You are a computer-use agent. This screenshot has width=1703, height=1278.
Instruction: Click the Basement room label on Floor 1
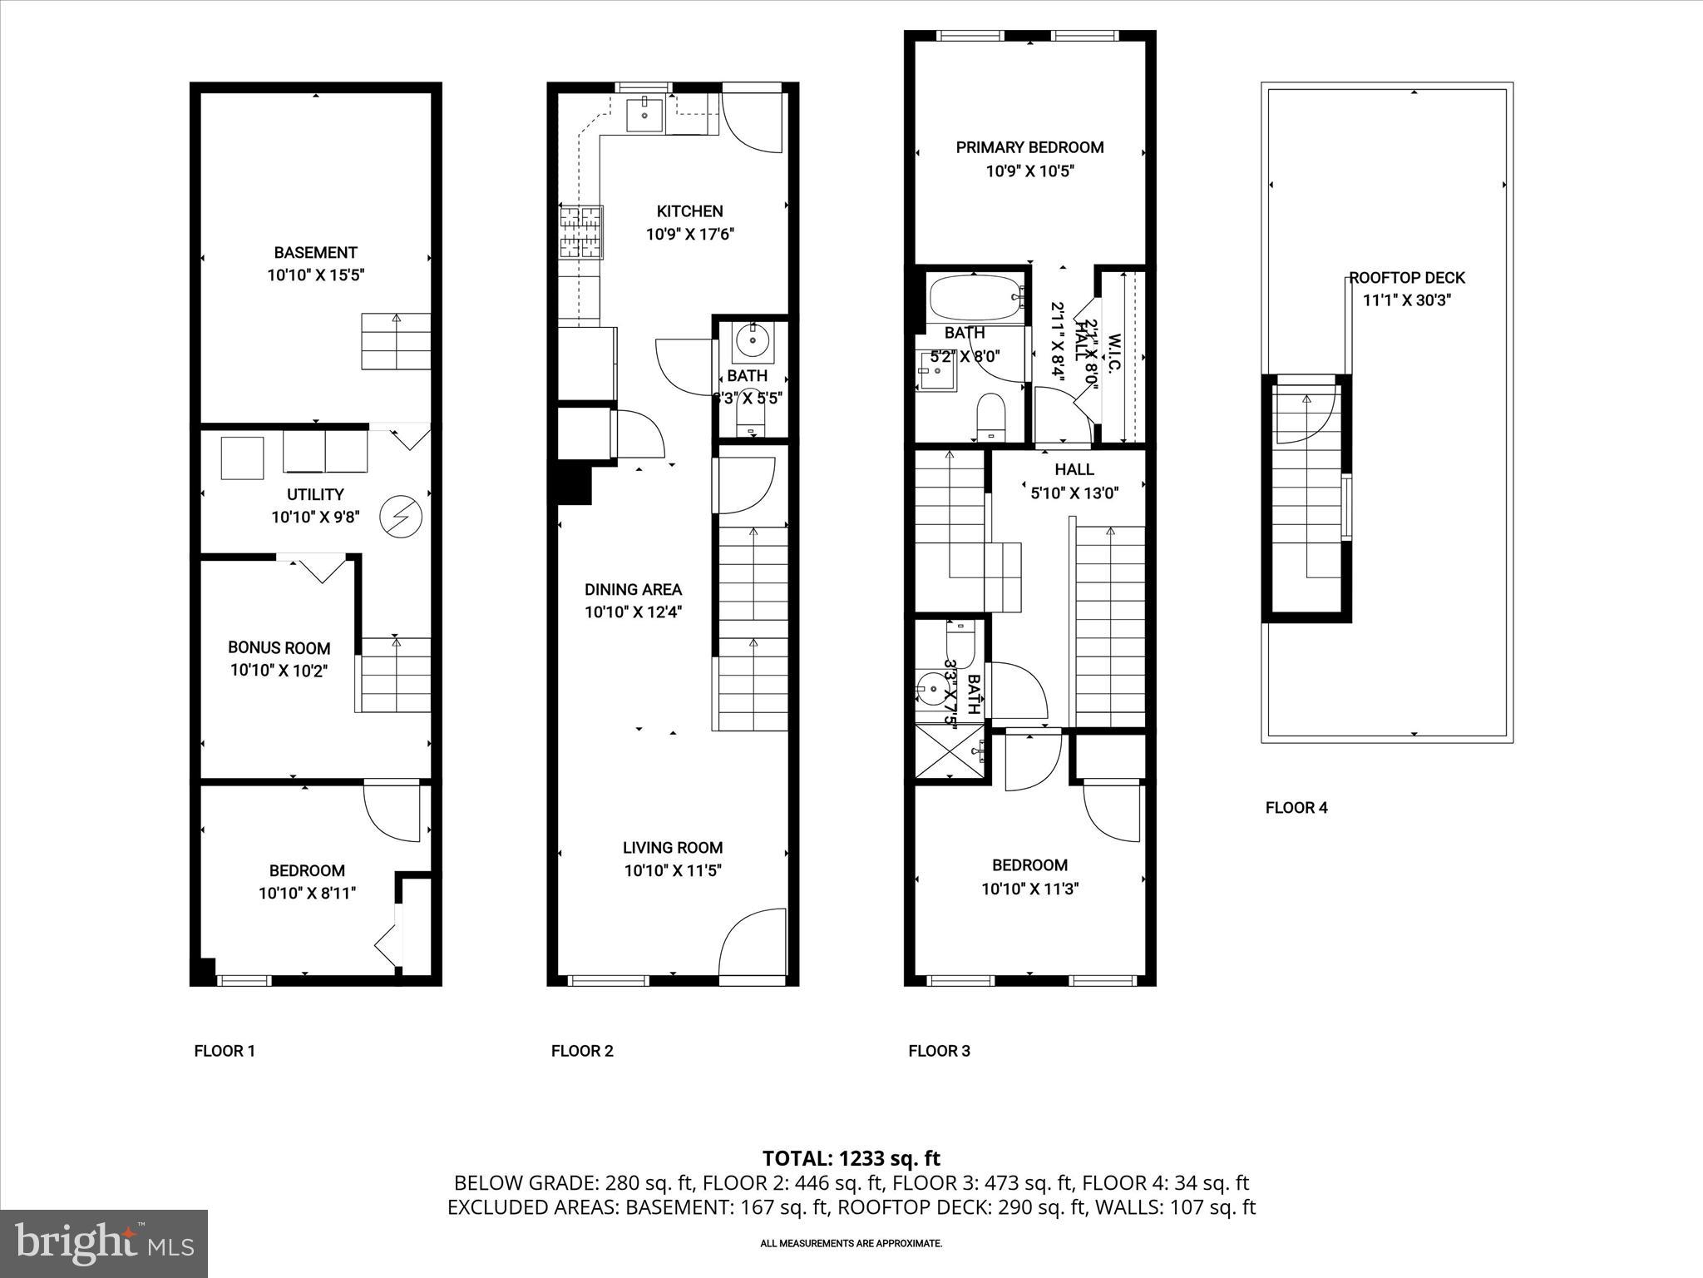(x=315, y=252)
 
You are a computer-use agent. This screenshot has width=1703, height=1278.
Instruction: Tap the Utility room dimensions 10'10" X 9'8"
(x=315, y=517)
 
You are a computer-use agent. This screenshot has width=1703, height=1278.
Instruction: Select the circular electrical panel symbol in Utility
(x=401, y=517)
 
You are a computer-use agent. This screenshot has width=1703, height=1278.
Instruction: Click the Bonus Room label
(x=279, y=647)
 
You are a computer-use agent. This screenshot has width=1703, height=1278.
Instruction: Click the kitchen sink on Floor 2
(x=644, y=114)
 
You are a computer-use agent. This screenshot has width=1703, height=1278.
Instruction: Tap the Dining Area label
(x=633, y=589)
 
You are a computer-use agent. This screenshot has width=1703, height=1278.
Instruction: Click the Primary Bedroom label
(x=1029, y=147)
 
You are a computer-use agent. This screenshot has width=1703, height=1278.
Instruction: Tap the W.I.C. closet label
(x=1115, y=354)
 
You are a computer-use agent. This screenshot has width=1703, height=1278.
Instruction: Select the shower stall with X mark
(x=948, y=751)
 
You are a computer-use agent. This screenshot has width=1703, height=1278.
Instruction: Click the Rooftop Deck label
(x=1407, y=278)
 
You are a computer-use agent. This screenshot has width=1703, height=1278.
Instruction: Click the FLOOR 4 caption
(x=1296, y=807)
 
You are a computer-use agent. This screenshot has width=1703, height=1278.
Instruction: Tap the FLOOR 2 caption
(x=582, y=1051)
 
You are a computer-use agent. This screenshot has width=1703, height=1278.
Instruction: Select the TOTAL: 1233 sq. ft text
(x=851, y=1158)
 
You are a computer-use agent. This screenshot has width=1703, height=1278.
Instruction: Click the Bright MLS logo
(x=104, y=1242)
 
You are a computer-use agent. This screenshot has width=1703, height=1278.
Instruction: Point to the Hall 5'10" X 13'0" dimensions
(x=1074, y=493)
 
